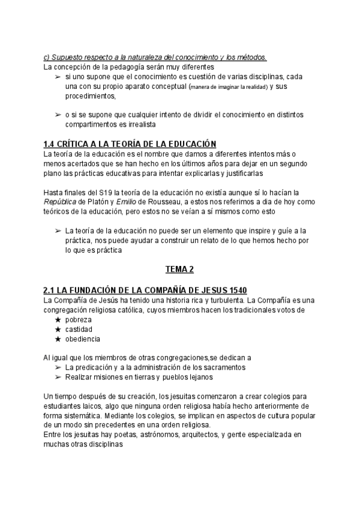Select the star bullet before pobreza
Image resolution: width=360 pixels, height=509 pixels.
click(58, 320)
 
